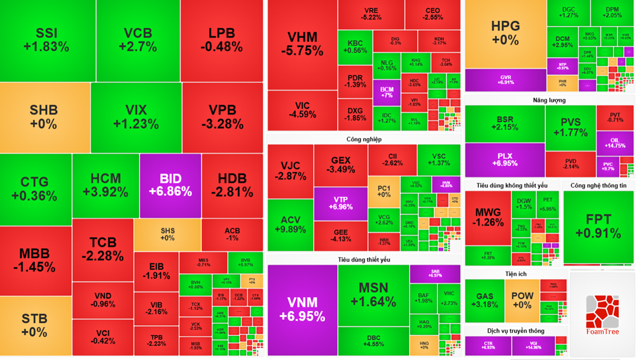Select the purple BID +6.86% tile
[x=170, y=185]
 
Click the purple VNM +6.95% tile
[x=302, y=309]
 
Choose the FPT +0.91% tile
[x=598, y=226]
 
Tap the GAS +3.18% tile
[x=485, y=300]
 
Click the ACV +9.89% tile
[x=290, y=225]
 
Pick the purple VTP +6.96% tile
[x=340, y=203]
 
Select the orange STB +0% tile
[x=34, y=325]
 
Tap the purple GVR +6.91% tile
[x=505, y=80]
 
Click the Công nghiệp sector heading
[x=364, y=139]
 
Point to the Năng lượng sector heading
[x=549, y=100]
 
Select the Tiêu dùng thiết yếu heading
[x=364, y=260]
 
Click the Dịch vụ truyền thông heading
[x=516, y=331]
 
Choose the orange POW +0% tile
[x=522, y=300]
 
